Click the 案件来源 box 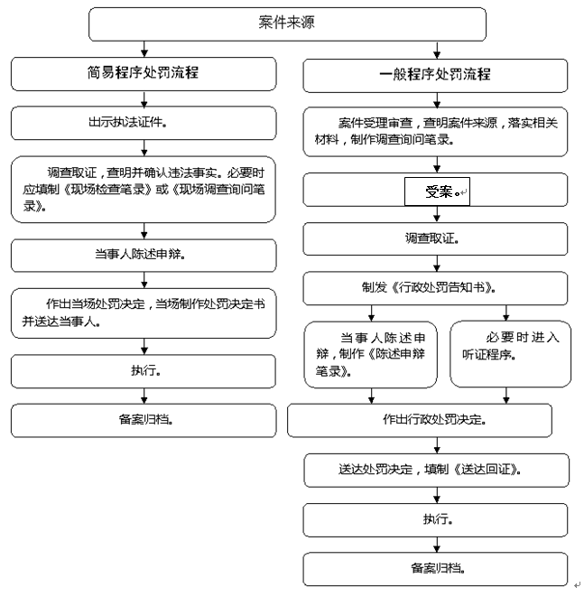pyautogui.click(x=287, y=24)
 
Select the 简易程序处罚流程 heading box pyautogui.click(x=144, y=74)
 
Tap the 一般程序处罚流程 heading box pyautogui.click(x=435, y=75)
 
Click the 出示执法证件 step pyautogui.click(x=144, y=123)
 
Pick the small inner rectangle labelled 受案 pyautogui.click(x=437, y=191)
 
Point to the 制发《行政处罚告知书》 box pyautogui.click(x=435, y=288)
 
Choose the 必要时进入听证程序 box pyautogui.click(x=511, y=354)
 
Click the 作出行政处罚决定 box pyautogui.click(x=420, y=420)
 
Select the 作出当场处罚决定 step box pyautogui.click(x=144, y=313)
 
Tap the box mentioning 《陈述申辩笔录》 pyautogui.click(x=371, y=354)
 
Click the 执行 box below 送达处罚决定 pyautogui.click(x=435, y=520)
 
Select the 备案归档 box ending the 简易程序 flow pyautogui.click(x=144, y=420)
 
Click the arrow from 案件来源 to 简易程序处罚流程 pyautogui.click(x=144, y=49)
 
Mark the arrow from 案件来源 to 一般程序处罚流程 pyautogui.click(x=437, y=51)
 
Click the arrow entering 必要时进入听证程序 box pyautogui.click(x=506, y=313)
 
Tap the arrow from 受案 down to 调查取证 pyautogui.click(x=437, y=214)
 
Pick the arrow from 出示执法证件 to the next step pyautogui.click(x=144, y=148)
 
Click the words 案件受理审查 pyautogui.click(x=375, y=123)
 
